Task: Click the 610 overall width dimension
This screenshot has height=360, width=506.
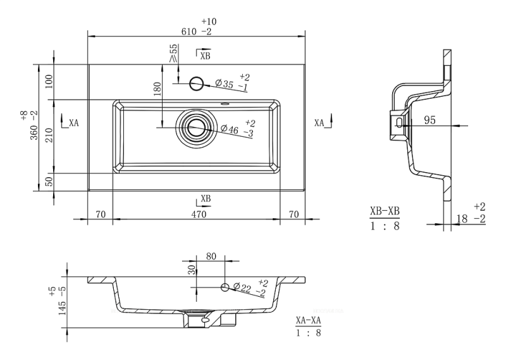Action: (x=190, y=30)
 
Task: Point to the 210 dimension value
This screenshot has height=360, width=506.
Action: (x=49, y=135)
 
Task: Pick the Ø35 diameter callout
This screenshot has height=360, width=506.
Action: (x=226, y=84)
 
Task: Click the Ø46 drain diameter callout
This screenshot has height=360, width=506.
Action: (x=230, y=130)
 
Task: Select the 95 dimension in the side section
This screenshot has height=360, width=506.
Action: (x=429, y=120)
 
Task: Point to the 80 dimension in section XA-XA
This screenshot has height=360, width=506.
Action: (x=211, y=257)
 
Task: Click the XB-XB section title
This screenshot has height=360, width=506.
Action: (x=385, y=211)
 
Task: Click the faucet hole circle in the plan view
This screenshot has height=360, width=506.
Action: (x=197, y=82)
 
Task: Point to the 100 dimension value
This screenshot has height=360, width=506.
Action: (x=49, y=81)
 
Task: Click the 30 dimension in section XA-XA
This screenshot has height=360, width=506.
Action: (x=192, y=270)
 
